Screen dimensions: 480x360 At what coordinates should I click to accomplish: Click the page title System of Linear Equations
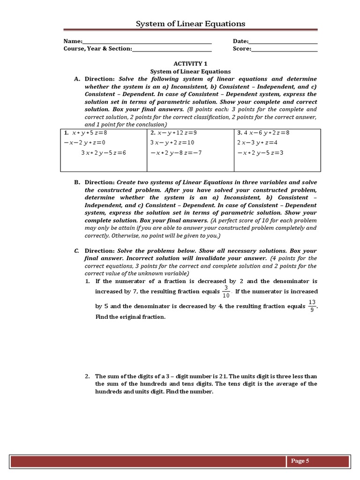(190, 23)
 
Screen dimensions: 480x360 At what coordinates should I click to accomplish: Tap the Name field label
(73, 41)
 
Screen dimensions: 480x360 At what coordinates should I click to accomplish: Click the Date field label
(240, 41)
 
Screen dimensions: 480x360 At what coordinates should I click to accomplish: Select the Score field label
(242, 49)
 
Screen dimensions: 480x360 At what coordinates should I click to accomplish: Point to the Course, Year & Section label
(97, 49)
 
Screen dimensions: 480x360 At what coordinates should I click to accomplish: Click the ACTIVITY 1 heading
(190, 63)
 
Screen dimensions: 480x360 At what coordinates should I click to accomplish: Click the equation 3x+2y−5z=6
(104, 153)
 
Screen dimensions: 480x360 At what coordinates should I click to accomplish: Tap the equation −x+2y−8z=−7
(176, 153)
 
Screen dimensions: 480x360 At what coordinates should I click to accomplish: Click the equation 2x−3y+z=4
(257, 142)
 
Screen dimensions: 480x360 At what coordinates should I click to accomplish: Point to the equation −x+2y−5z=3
(261, 153)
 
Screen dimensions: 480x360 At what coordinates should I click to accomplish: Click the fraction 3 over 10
(226, 292)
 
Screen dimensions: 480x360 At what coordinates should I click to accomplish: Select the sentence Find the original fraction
(130, 317)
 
